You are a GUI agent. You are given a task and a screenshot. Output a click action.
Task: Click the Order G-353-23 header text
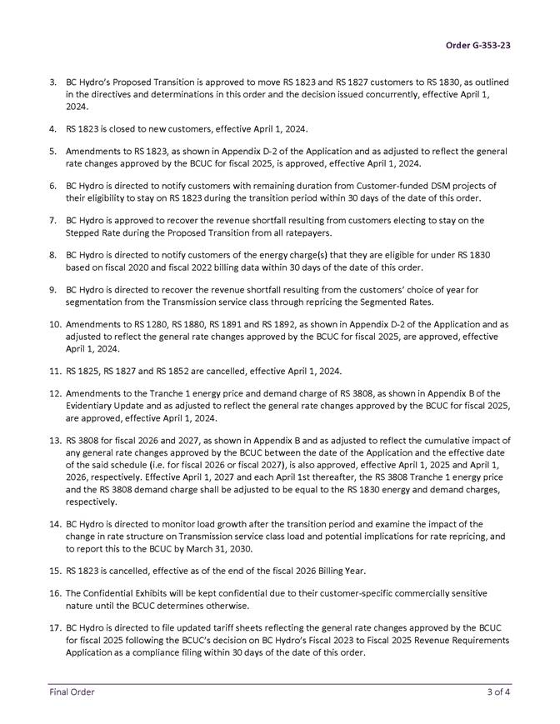click(x=477, y=45)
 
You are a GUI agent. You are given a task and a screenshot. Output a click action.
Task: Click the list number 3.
click(x=52, y=82)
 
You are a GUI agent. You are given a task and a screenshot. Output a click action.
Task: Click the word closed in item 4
click(x=112, y=129)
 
